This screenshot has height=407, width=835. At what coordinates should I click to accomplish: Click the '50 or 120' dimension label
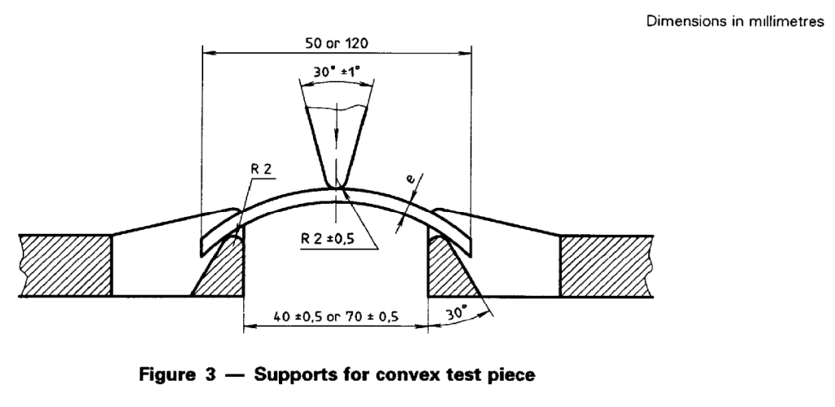point(336,43)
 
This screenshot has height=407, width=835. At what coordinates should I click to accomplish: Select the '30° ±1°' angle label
point(336,72)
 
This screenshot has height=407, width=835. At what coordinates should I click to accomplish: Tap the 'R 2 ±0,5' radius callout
point(328,239)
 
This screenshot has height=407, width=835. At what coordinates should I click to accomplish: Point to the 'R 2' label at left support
point(261,170)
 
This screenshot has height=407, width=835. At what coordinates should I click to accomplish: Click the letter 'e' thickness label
point(411,180)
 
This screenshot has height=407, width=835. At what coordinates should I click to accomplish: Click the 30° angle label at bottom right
point(456,312)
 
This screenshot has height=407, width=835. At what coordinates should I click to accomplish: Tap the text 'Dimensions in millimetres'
point(735,22)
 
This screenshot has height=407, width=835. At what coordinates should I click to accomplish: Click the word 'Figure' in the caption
point(166,375)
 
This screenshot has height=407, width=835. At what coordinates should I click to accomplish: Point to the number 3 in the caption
point(210,374)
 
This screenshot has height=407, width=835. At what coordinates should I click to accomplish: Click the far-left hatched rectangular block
point(65,265)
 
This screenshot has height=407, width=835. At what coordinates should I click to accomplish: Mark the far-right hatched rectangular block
point(607,265)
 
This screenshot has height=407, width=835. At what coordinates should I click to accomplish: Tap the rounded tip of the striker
point(336,186)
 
